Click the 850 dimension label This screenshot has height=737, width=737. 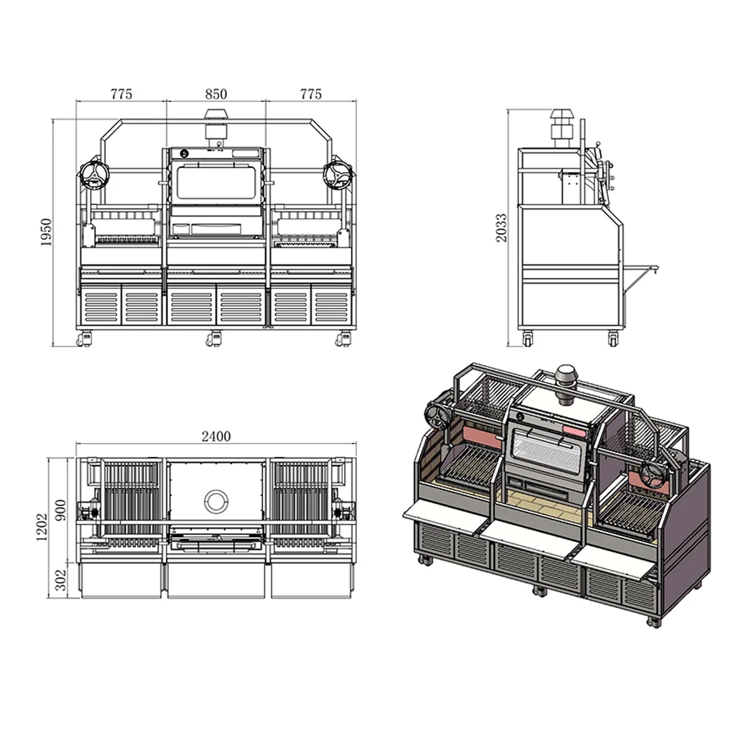[216, 94]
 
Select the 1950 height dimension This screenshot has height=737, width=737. [46, 232]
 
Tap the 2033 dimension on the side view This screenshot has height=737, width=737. [501, 228]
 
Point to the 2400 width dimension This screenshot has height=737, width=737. [216, 436]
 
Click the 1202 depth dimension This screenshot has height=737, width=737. [42, 526]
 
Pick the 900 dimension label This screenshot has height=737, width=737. [61, 510]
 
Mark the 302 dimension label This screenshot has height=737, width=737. [61, 580]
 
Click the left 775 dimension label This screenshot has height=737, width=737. [122, 94]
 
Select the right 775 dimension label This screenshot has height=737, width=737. [311, 94]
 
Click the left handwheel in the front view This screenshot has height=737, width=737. [94, 175]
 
